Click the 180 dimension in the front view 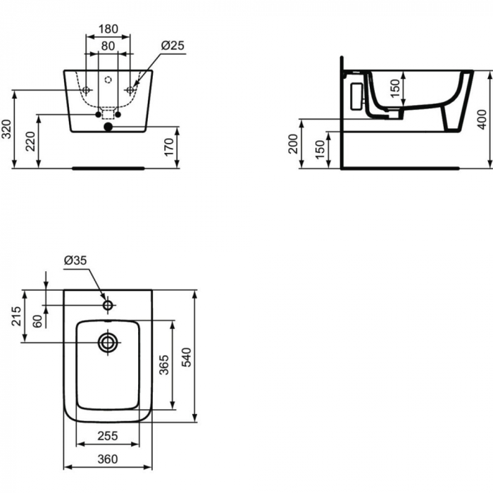click(x=108, y=30)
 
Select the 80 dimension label click(x=108, y=46)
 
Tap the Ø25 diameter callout click(x=172, y=45)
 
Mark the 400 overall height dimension click(x=482, y=118)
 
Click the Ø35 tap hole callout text click(x=75, y=261)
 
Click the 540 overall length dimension click(x=186, y=356)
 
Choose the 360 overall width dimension click(x=107, y=459)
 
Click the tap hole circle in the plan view click(x=108, y=305)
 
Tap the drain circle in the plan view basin click(x=108, y=343)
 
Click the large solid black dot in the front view click(x=108, y=127)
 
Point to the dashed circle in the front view click(x=108, y=80)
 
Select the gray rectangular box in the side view click(x=356, y=94)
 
